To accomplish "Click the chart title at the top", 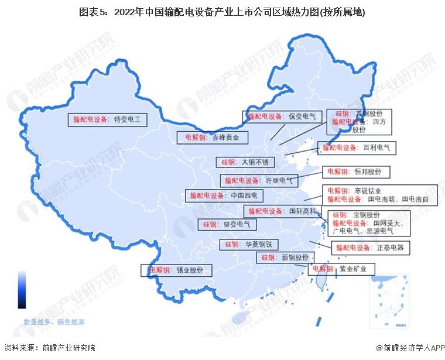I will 222,12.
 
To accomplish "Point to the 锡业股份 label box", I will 174,270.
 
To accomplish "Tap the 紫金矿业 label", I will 341,269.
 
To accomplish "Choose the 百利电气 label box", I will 357,148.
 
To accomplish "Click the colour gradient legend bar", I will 22,289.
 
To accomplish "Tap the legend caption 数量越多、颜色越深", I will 54,321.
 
